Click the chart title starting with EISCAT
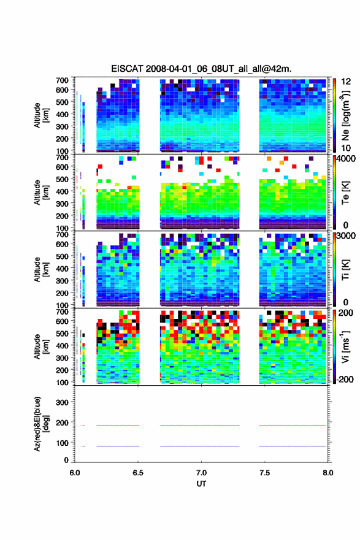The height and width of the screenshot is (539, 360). (x=201, y=69)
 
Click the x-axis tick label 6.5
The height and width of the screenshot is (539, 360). (x=138, y=473)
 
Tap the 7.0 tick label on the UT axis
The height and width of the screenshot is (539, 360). (x=201, y=473)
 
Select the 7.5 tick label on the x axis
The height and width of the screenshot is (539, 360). (x=264, y=473)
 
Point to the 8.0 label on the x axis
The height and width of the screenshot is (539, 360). (x=327, y=473)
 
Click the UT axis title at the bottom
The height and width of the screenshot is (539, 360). (x=201, y=484)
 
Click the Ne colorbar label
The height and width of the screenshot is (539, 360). (x=346, y=115)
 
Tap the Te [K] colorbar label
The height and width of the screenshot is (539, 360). (x=345, y=193)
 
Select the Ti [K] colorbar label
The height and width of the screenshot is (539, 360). (x=345, y=270)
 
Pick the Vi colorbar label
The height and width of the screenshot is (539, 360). (x=345, y=346)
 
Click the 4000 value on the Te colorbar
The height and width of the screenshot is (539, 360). (x=347, y=159)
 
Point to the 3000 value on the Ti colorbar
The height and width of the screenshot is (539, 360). (x=347, y=236)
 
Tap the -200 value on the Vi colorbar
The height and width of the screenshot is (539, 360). (x=345, y=380)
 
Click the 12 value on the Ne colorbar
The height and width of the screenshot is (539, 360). (x=346, y=82)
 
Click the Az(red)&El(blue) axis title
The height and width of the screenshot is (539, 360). (x=42, y=424)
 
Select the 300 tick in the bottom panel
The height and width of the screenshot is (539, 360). (x=63, y=402)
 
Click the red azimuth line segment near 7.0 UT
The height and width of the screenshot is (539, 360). (x=199, y=426)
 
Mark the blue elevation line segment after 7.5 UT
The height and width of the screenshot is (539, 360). (x=293, y=446)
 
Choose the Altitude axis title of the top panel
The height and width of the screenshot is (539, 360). (x=41, y=115)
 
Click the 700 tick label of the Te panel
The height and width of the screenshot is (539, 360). (x=62, y=158)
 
